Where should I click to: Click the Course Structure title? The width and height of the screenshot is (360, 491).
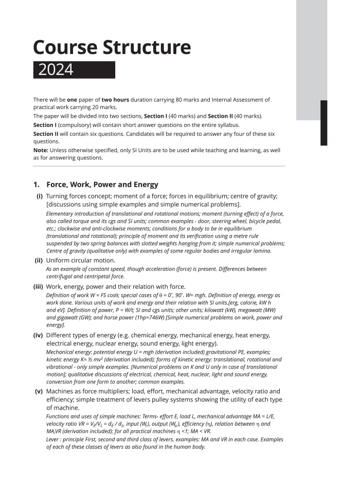[112, 47]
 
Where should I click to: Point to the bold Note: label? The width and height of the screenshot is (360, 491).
[41, 150]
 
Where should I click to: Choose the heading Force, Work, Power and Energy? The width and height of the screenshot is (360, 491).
[102, 185]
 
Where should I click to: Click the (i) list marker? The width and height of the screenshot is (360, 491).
[39, 196]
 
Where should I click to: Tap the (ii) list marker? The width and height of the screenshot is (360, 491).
[39, 260]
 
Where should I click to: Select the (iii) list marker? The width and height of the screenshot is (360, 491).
[38, 286]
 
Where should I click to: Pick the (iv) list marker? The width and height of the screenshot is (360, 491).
[38, 335]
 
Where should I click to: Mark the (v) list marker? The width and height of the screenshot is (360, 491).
[39, 391]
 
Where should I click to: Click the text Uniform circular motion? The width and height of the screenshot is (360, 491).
[81, 260]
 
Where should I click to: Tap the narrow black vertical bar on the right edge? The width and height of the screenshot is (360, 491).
[323, 123]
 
